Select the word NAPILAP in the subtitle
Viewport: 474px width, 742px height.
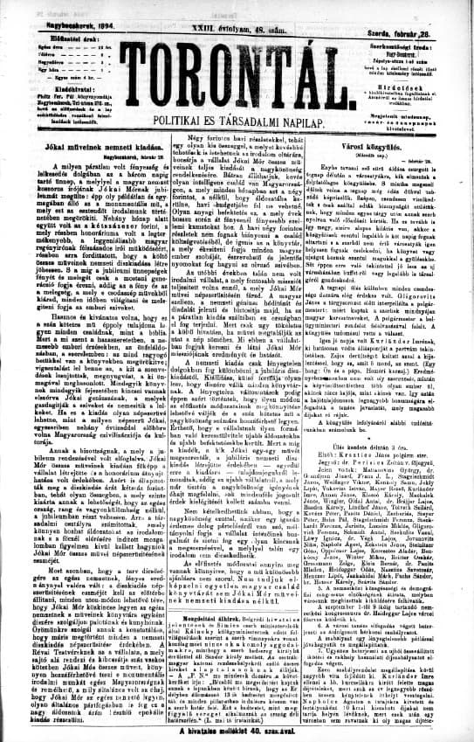coord(310,116)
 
